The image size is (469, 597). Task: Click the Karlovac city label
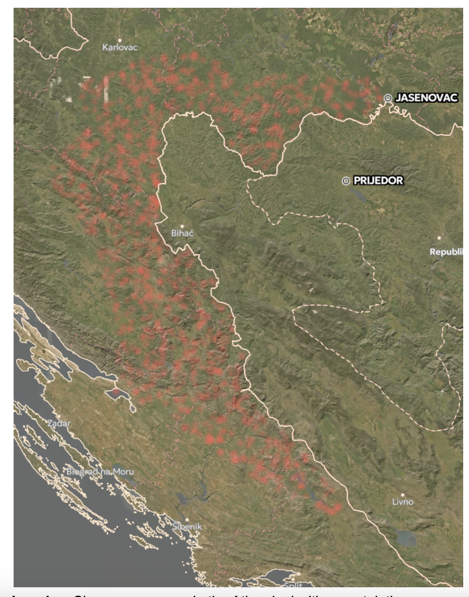pyautogui.click(x=120, y=48)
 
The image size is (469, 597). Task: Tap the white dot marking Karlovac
pyautogui.click(x=120, y=40)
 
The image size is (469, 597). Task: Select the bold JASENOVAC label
pyautogui.click(x=426, y=98)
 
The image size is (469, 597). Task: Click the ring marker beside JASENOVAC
pyautogui.click(x=388, y=98)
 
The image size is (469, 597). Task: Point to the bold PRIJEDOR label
pyautogui.click(x=378, y=181)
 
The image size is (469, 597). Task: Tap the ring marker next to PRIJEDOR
pyautogui.click(x=346, y=181)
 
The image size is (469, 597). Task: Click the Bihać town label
pyautogui.click(x=183, y=233)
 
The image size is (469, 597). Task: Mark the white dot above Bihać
pyautogui.click(x=182, y=226)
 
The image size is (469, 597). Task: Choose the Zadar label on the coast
pyautogui.click(x=59, y=423)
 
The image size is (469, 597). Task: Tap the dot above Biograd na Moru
pyautogui.click(x=100, y=464)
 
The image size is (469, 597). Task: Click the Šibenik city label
pyautogui.click(x=187, y=527)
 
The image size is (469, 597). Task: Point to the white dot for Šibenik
pyautogui.click(x=186, y=519)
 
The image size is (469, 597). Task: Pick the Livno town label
pyautogui.click(x=403, y=502)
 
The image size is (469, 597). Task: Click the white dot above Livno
pyautogui.click(x=402, y=494)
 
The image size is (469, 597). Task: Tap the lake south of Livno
pyautogui.click(x=406, y=538)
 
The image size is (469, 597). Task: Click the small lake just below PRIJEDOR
pyautogui.click(x=360, y=194)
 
